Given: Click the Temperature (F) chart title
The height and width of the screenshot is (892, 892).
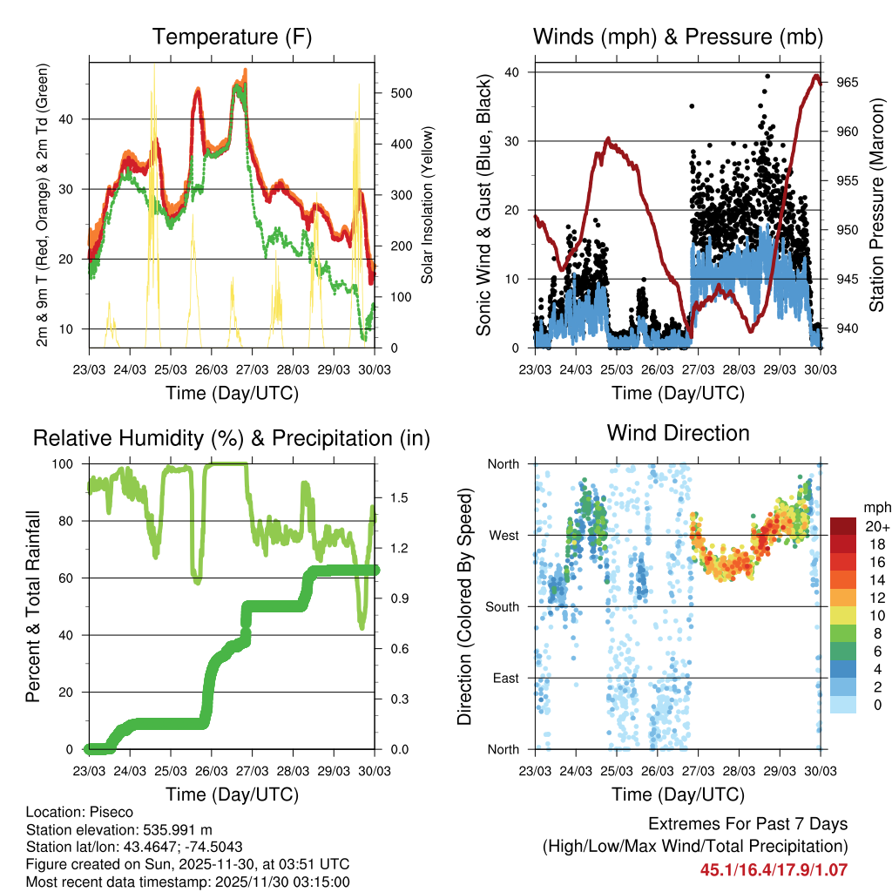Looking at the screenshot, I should coord(232,37).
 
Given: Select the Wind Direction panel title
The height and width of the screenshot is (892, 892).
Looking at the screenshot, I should coord(678,433).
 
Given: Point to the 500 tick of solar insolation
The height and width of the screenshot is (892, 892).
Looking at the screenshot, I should coord(399,93).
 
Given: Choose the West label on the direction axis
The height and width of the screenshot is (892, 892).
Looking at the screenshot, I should coord(503,535).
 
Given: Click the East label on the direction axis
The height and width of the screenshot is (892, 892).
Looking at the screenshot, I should coord(504,678).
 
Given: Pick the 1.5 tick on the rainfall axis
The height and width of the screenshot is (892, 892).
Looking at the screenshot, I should coord(400,497).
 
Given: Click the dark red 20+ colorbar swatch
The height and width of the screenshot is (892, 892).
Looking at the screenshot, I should coord(843,526).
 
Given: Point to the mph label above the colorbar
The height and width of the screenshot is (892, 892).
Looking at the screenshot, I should coord(875,507).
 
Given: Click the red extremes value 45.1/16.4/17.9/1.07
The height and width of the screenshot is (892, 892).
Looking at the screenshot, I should coord(774,869).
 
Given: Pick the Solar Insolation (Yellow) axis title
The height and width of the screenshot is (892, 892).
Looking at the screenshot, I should coord(427,205).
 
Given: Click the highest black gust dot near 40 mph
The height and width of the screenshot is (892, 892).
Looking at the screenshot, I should coord(767,76).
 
